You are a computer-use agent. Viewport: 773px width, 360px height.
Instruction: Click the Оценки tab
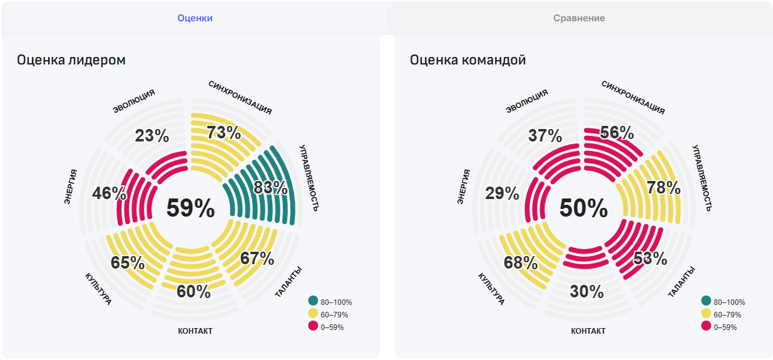[195, 18]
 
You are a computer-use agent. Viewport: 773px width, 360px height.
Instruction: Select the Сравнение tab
[579, 18]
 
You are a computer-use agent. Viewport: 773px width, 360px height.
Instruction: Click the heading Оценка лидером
[71, 60]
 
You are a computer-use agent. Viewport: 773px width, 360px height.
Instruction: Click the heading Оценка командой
[468, 60]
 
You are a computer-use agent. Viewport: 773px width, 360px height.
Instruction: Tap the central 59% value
[190, 208]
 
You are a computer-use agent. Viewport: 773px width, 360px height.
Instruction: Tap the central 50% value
[583, 208]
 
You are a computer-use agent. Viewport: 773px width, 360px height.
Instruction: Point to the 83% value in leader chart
[270, 187]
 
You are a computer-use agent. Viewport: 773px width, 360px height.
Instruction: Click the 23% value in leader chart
[152, 136]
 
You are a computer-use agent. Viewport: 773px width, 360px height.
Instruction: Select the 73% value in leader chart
[223, 133]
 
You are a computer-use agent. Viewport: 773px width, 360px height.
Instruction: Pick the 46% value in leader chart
[109, 193]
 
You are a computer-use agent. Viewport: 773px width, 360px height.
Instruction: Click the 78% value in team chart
[663, 187]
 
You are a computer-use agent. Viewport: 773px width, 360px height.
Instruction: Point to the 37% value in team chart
[545, 136]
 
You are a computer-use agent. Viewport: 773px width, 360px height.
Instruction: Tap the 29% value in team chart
[503, 193]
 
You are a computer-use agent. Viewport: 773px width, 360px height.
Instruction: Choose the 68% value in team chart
[521, 262]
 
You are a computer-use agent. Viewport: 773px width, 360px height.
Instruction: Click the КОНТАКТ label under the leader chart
[195, 331]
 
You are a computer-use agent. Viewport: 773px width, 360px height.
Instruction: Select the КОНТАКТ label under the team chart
[588, 331]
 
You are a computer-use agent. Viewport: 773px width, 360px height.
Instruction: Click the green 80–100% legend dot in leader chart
[313, 301]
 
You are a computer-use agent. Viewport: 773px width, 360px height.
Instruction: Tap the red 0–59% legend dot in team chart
[706, 326]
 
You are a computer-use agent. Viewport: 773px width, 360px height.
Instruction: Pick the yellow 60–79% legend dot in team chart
[706, 314]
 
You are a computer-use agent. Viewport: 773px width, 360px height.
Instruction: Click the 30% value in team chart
[587, 292]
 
